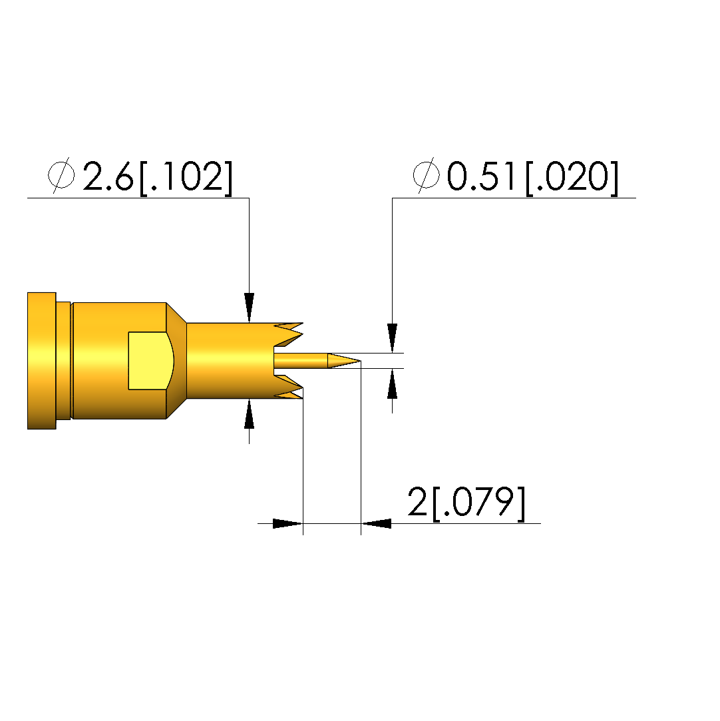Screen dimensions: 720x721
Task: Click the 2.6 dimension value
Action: [108, 176]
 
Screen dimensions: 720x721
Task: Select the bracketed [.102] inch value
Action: [186, 178]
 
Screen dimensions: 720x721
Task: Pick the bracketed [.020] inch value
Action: [572, 178]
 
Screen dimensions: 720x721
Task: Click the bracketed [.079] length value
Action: [478, 503]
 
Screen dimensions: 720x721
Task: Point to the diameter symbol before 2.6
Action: [61, 175]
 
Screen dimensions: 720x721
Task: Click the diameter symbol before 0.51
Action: [427, 175]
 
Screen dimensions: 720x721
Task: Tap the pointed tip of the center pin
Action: [360, 361]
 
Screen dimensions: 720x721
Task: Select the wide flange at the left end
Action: [42, 361]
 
